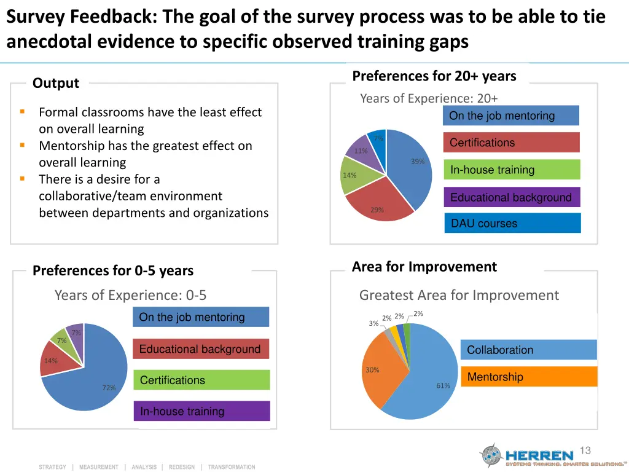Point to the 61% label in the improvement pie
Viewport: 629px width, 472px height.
[443, 386]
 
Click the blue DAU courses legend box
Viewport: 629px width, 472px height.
[512, 223]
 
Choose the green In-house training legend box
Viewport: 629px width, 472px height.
[511, 170]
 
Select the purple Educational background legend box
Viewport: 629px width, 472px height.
[511, 197]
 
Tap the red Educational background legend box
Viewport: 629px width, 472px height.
[201, 349]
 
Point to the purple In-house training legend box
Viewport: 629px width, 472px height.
[201, 411]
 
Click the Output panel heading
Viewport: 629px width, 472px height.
[56, 83]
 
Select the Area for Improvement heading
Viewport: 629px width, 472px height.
[424, 267]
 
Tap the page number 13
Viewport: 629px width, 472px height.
[585, 450]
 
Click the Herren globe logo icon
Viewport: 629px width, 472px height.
[491, 455]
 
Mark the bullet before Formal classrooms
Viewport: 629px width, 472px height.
[22, 112]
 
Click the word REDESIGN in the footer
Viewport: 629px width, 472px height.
[182, 467]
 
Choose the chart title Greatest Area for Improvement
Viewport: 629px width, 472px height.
[459, 295]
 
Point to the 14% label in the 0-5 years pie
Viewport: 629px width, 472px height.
[51, 361]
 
